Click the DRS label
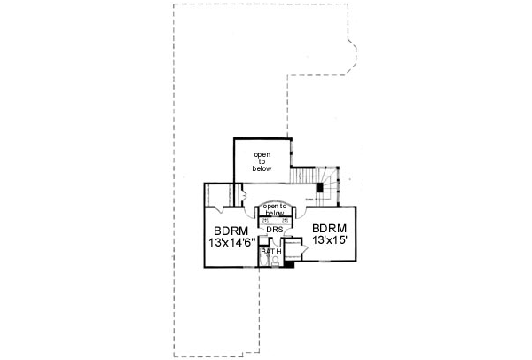pyautogui.click(x=274, y=229)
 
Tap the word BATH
pyautogui.click(x=270, y=252)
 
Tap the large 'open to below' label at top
pyautogui.click(x=262, y=160)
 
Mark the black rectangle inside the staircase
pyautogui.click(x=320, y=188)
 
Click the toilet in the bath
pyautogui.click(x=276, y=262)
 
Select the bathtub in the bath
pyautogui.click(x=263, y=261)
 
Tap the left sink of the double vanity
pyautogui.click(x=264, y=220)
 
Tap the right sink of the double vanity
pyautogui.click(x=285, y=220)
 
